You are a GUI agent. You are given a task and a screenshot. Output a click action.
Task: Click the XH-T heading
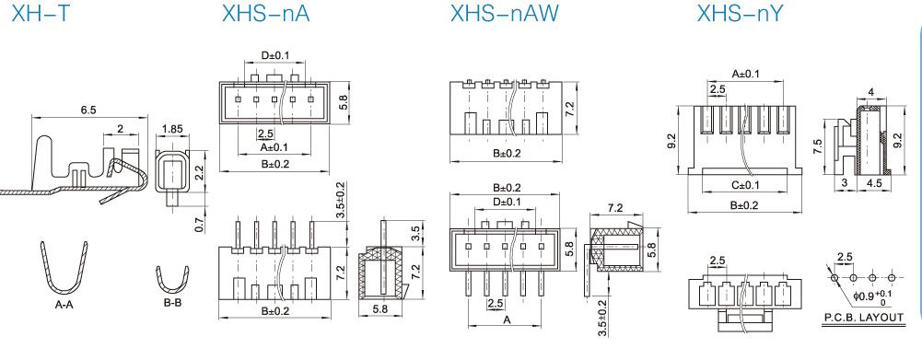pyautogui.click(x=40, y=13)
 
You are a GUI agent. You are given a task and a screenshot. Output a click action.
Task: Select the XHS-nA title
pyautogui.click(x=265, y=13)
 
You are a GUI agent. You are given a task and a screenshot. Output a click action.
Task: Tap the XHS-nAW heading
pyautogui.click(x=504, y=13)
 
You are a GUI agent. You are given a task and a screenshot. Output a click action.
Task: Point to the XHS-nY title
pyautogui.click(x=741, y=13)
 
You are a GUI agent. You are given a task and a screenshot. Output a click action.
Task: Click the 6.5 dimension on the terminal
pyautogui.click(x=90, y=110)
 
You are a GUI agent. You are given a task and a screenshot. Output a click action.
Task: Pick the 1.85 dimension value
pyautogui.click(x=171, y=129)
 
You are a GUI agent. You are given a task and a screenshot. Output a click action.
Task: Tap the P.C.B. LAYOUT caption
pyautogui.click(x=863, y=318)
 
